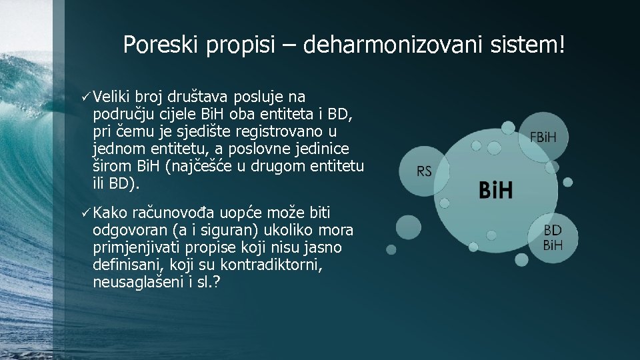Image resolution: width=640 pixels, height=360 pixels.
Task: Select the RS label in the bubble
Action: click(424, 171)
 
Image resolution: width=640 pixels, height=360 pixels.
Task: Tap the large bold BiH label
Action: click(495, 190)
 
